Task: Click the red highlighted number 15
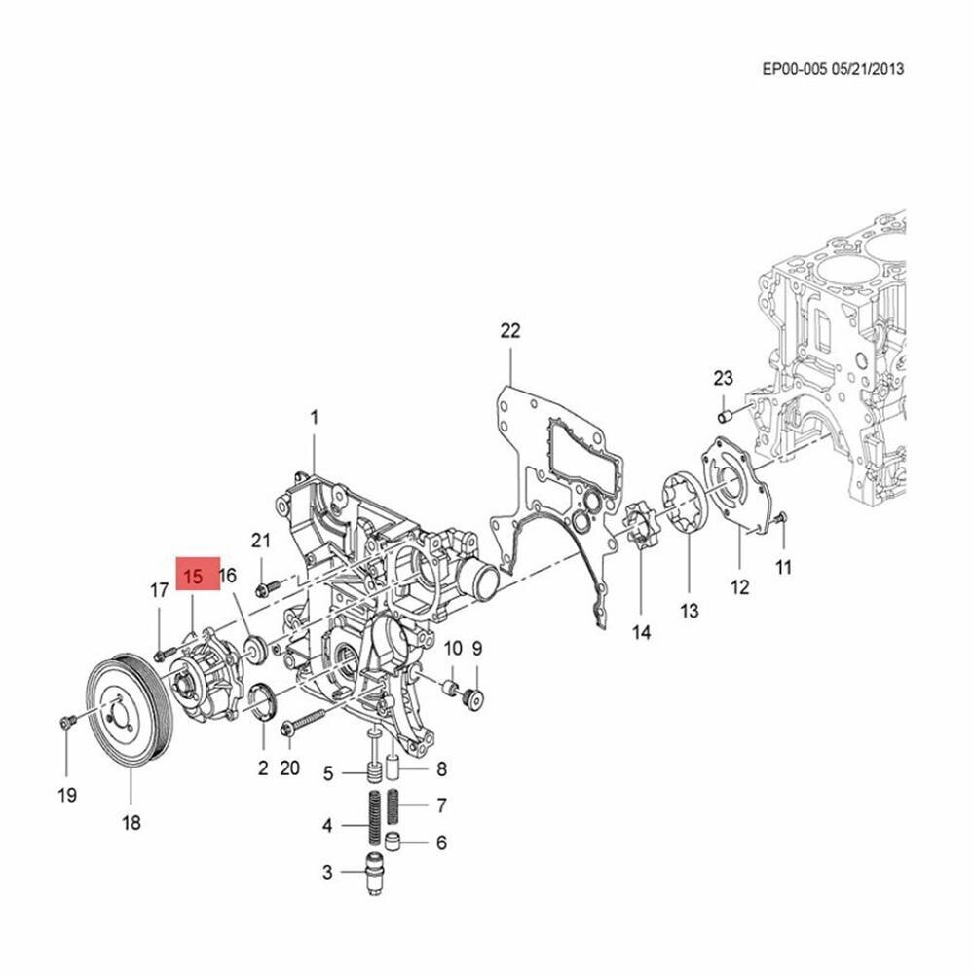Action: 192,577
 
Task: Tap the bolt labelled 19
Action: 64,722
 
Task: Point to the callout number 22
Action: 510,331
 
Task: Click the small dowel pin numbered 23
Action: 725,417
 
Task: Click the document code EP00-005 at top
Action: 794,69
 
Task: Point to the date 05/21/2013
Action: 868,69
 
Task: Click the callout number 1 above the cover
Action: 315,418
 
